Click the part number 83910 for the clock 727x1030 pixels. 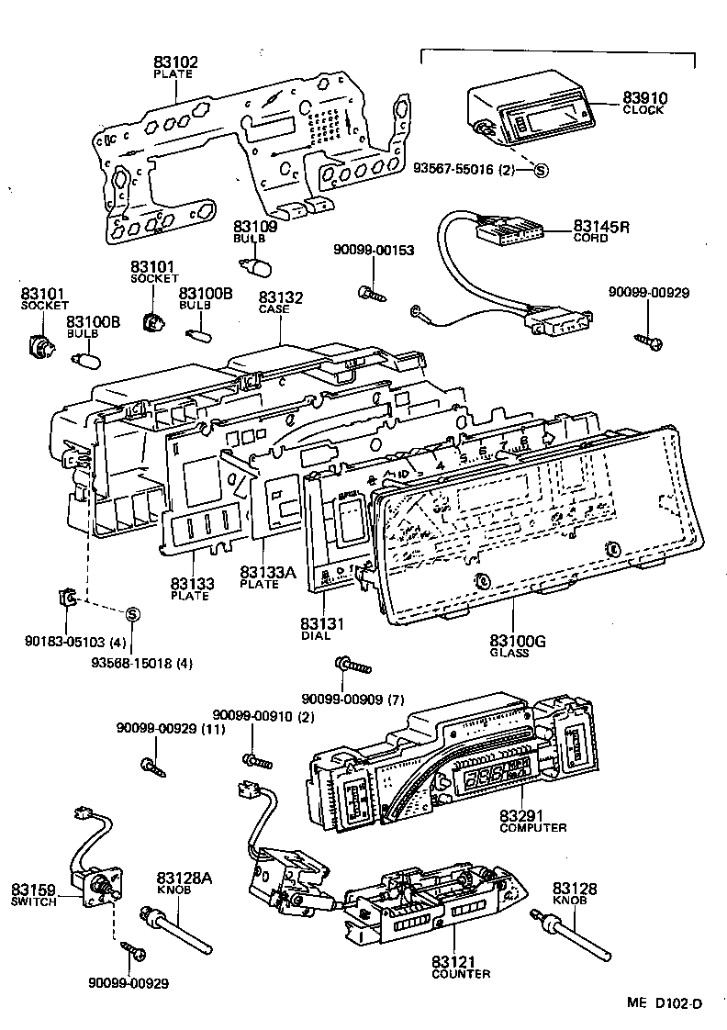pyautogui.click(x=644, y=97)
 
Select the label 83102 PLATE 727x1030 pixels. pyautogui.click(x=174, y=67)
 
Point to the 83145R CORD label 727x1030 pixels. pyautogui.click(x=601, y=230)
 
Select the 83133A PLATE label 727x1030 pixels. pyautogui.click(x=268, y=577)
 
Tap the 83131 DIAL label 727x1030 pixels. pyautogui.click(x=321, y=629)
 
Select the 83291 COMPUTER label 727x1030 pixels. pyautogui.click(x=532, y=820)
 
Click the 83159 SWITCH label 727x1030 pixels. pyautogui.click(x=34, y=894)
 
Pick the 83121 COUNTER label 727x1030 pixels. pyautogui.click(x=460, y=967)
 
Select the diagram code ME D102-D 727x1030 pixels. pyautogui.click(x=665, y=1003)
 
